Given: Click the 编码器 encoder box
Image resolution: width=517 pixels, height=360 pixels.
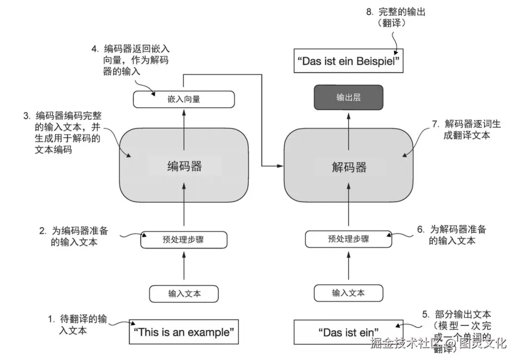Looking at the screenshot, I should (x=184, y=166).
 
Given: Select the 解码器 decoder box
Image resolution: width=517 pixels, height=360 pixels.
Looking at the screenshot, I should (x=349, y=166).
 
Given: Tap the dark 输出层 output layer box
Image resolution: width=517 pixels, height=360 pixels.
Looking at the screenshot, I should (x=348, y=98).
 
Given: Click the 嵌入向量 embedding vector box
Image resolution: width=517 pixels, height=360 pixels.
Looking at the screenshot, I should (x=184, y=99).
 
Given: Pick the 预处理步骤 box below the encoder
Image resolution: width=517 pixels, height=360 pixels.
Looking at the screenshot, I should (x=183, y=239).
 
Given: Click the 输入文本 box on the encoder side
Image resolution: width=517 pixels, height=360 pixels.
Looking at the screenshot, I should (x=184, y=293).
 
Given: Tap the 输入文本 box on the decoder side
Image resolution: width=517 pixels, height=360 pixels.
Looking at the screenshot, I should (x=348, y=293).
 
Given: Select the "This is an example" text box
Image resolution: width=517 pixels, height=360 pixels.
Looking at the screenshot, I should (x=184, y=332).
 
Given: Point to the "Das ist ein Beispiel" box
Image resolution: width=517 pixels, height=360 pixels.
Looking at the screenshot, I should (x=348, y=62).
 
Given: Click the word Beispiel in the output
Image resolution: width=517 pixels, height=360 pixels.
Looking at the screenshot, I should (x=378, y=62).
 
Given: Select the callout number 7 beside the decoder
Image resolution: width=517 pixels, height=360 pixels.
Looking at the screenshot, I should (x=435, y=124).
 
